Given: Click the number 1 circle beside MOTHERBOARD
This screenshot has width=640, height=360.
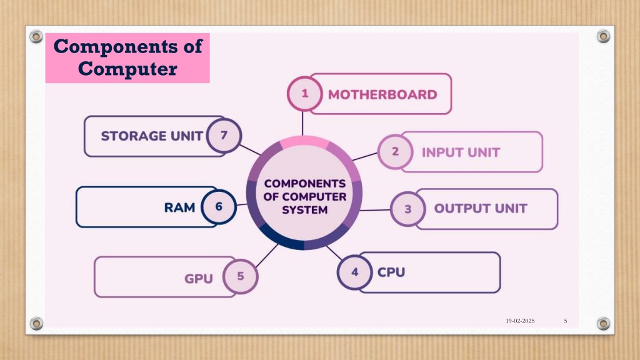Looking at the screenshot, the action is [x=304, y=94].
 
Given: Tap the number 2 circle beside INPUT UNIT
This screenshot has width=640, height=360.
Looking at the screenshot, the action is [x=395, y=152].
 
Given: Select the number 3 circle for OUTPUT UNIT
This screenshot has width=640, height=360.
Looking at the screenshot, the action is [x=407, y=209].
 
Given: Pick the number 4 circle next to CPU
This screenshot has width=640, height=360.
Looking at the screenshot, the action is [x=355, y=272].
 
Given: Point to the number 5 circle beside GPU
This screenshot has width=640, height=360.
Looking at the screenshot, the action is [x=241, y=276].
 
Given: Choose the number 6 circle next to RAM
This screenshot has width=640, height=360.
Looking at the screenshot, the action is [x=219, y=206].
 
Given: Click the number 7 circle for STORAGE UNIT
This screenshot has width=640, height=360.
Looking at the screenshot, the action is [x=224, y=135].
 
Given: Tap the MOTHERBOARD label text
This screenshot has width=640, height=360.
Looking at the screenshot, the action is [x=382, y=95].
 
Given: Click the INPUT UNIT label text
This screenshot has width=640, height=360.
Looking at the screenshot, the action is [x=461, y=152].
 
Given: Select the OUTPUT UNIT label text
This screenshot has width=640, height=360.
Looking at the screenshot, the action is [x=481, y=209].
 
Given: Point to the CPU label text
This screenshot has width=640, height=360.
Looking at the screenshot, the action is [x=391, y=272].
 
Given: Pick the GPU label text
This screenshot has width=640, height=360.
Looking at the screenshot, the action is [x=199, y=279].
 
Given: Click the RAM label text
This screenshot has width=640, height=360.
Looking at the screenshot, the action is [x=179, y=207].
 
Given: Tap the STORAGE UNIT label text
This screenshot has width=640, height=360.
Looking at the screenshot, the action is [x=152, y=136].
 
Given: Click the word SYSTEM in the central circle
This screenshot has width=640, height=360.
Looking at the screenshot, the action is [x=304, y=210].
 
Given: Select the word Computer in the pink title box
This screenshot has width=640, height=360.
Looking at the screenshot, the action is [x=127, y=69].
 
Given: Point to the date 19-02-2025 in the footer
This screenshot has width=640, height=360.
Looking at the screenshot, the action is [x=520, y=321].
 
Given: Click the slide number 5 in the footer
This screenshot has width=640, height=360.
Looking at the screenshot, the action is [x=565, y=321].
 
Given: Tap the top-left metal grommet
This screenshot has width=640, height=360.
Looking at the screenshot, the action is [x=36, y=37].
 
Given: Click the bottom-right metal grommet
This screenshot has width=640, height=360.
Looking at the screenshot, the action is [x=603, y=324].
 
